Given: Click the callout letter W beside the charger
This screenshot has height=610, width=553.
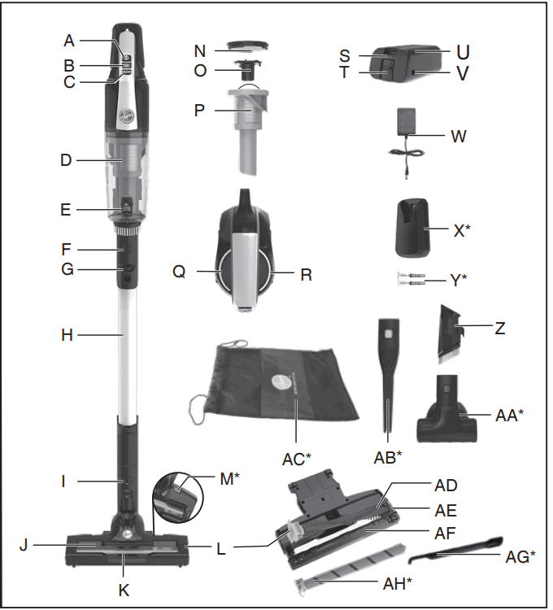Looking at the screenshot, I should (x=459, y=137).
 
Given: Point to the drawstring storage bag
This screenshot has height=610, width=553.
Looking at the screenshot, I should (x=281, y=382).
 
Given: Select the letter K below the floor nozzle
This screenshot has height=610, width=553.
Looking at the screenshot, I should (x=124, y=590).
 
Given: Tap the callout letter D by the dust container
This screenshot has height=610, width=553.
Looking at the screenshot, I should (x=67, y=161).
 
